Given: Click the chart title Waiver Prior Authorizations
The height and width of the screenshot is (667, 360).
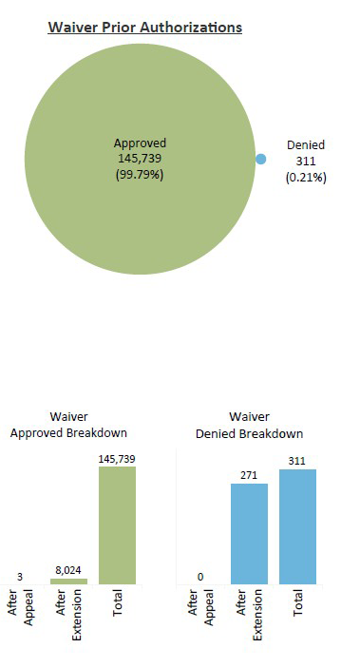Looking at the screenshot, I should tap(145, 28).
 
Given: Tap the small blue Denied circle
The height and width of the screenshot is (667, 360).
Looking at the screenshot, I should tap(260, 160).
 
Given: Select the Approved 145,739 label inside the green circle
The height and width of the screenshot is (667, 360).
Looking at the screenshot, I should tap(141, 157).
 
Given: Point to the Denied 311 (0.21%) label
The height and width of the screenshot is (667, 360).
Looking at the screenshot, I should tap(306, 161).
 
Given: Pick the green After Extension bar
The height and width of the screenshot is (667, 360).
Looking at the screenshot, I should tap(68, 581).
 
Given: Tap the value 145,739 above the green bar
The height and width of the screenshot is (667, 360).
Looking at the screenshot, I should tap(118, 459).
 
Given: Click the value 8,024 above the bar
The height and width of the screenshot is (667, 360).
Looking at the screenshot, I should tap(68, 571).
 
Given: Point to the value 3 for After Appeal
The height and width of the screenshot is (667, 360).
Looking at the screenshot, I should tap(20, 575).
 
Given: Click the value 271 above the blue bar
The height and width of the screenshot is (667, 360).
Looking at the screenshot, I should tap(249, 475).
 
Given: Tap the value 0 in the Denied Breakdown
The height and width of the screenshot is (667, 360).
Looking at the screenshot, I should tap(201, 576).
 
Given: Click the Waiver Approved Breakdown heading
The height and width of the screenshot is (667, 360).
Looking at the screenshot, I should tap(69, 425).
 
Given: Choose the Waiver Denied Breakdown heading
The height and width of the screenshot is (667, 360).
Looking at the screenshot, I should tap(250, 425).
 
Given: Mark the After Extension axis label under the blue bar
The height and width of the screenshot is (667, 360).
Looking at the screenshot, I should tap(250, 625).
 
